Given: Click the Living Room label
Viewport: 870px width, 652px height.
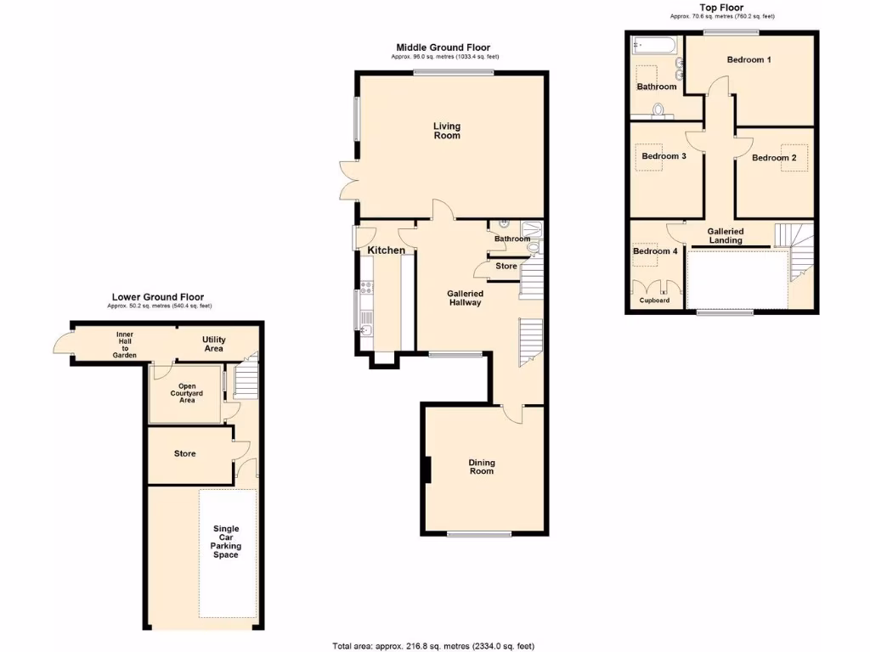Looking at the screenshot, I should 447,131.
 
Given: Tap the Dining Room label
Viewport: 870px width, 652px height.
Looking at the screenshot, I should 482,467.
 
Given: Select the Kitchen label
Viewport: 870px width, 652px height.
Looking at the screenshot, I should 386,250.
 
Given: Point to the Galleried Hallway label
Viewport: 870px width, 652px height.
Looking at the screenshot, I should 465,297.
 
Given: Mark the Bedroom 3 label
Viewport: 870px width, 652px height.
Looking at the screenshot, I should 664,156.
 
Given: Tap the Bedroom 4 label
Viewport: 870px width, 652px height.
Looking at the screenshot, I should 655,251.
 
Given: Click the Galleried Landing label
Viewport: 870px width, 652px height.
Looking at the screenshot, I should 726,235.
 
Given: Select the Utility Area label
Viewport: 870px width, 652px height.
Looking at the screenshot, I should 213,343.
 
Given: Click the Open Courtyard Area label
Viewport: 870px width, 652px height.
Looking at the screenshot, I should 187,393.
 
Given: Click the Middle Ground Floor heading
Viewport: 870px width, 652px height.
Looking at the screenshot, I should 443,48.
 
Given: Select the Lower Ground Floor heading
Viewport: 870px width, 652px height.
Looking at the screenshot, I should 158,297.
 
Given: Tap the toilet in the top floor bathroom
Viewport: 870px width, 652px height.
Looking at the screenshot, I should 657,110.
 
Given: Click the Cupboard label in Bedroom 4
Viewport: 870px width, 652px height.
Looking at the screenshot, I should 654,301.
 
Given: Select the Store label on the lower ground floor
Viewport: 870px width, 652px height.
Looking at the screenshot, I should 184,454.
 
